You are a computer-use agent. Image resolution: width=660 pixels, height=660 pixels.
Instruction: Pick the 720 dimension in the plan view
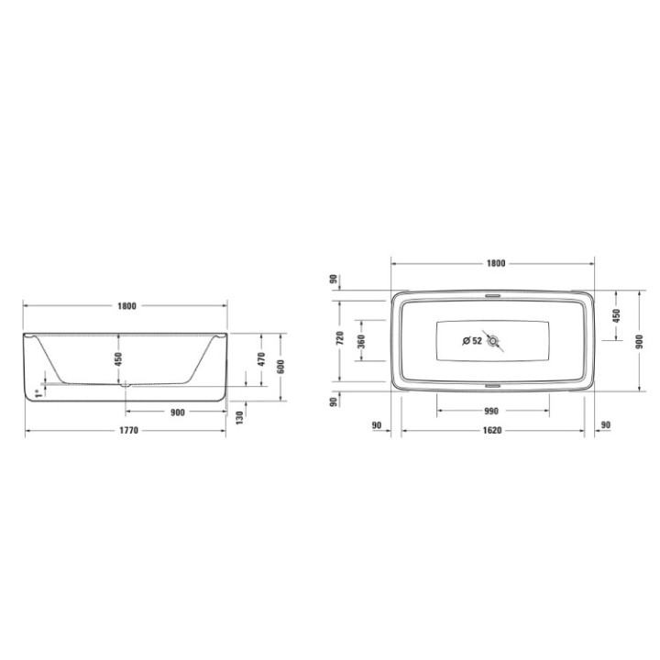pos(338,341)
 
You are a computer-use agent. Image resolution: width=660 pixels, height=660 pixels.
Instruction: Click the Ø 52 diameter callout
pos(473,341)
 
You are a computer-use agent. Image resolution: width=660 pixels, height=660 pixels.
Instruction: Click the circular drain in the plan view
pos(495,341)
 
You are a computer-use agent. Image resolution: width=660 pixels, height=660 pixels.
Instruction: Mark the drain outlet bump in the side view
pos(126,385)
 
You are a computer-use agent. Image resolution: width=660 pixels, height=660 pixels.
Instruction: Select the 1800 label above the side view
pos(126,306)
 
